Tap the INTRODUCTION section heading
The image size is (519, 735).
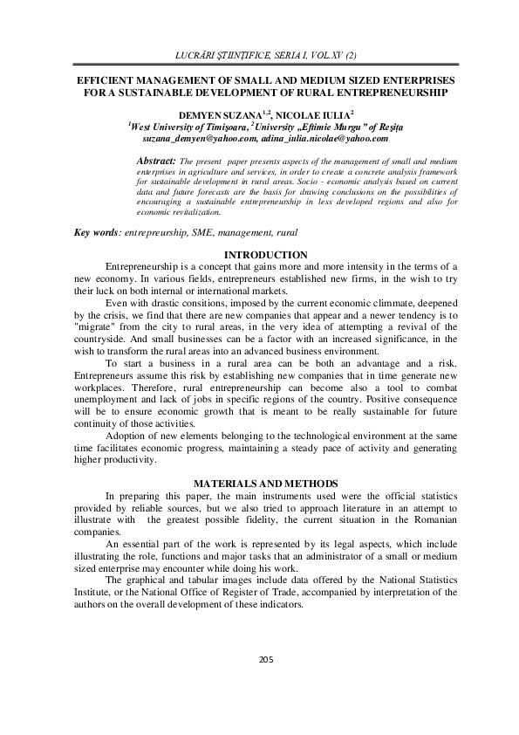click(x=260, y=253)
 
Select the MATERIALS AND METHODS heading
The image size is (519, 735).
click(x=259, y=483)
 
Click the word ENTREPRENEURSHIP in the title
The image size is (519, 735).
click(x=388, y=91)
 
